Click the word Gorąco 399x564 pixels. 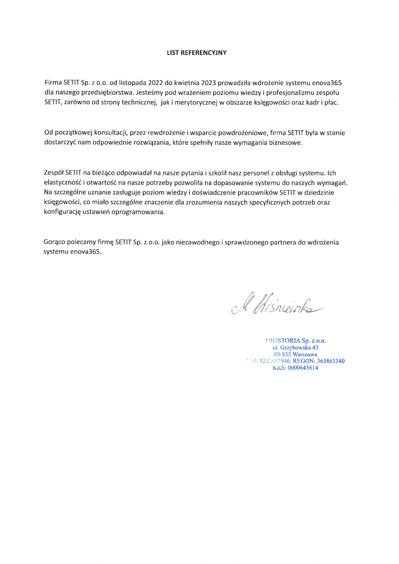pos(55,242)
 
